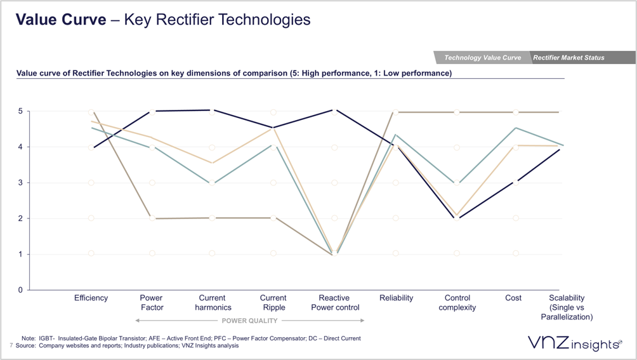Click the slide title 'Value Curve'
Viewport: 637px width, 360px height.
[61, 20]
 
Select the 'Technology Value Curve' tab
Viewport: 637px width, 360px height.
[482, 58]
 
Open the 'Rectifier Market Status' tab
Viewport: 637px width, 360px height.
[568, 58]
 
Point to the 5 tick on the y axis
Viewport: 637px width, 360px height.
[20, 112]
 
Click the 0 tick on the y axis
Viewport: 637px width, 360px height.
[20, 290]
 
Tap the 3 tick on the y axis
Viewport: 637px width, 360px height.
[20, 183]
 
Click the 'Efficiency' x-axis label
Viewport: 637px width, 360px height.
[91, 298]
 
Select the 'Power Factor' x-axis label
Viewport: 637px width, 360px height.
[151, 302]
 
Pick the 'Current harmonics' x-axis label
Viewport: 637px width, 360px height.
[212, 302]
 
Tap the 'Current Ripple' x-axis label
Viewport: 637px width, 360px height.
[273, 302]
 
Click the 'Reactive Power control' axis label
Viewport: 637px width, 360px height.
[334, 302]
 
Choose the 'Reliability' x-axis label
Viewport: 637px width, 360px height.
[396, 298]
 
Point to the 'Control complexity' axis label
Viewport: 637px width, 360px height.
[457, 302]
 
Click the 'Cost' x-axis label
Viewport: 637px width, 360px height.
[513, 298]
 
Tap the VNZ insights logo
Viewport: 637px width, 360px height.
[574, 343]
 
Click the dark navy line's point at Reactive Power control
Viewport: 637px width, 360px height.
[334, 110]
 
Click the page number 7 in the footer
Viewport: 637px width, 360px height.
[11, 345]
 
